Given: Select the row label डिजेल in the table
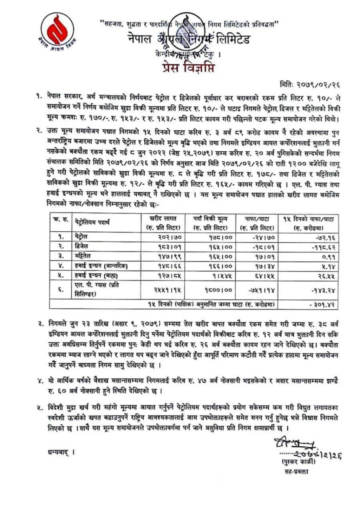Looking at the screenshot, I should coord(82,245).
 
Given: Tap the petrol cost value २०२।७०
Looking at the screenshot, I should coord(162,237).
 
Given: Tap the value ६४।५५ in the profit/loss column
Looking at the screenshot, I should coord(260,276).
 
